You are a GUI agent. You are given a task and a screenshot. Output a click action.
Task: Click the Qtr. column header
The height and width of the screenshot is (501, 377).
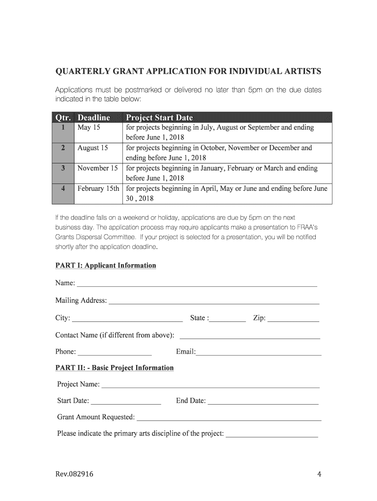[63, 117]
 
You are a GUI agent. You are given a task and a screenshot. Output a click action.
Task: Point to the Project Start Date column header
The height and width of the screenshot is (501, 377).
[159, 117]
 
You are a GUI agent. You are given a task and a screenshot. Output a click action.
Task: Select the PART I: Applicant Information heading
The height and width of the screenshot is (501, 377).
[105, 266]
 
